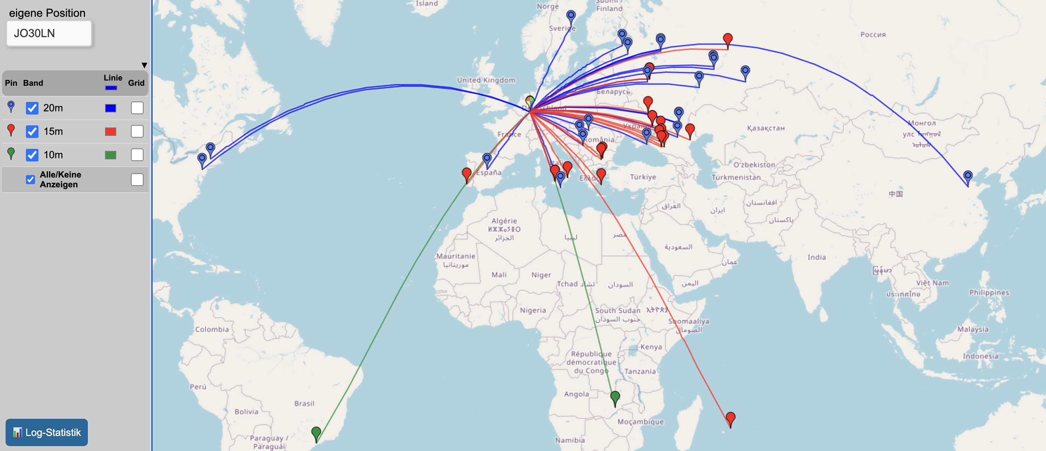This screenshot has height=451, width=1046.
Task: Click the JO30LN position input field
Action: click(x=49, y=33)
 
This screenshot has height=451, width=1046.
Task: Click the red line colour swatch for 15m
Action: click(x=111, y=132)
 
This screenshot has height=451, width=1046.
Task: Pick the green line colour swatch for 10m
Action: click(x=111, y=155)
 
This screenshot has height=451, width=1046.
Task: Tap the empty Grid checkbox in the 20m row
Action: click(x=137, y=108)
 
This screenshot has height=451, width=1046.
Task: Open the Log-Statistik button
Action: click(x=47, y=432)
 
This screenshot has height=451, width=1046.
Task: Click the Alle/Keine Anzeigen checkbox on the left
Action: click(x=30, y=180)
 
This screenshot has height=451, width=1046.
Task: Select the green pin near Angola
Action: click(x=615, y=397)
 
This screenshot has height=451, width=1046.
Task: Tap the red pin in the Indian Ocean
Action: click(x=731, y=418)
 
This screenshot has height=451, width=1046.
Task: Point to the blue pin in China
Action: click(x=968, y=177)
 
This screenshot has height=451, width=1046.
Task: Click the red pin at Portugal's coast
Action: click(x=467, y=174)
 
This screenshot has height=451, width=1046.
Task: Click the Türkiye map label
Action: click(x=643, y=177)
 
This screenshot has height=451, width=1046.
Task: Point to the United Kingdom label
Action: click(x=486, y=80)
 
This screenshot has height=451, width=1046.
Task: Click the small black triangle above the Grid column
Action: click(x=144, y=65)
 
